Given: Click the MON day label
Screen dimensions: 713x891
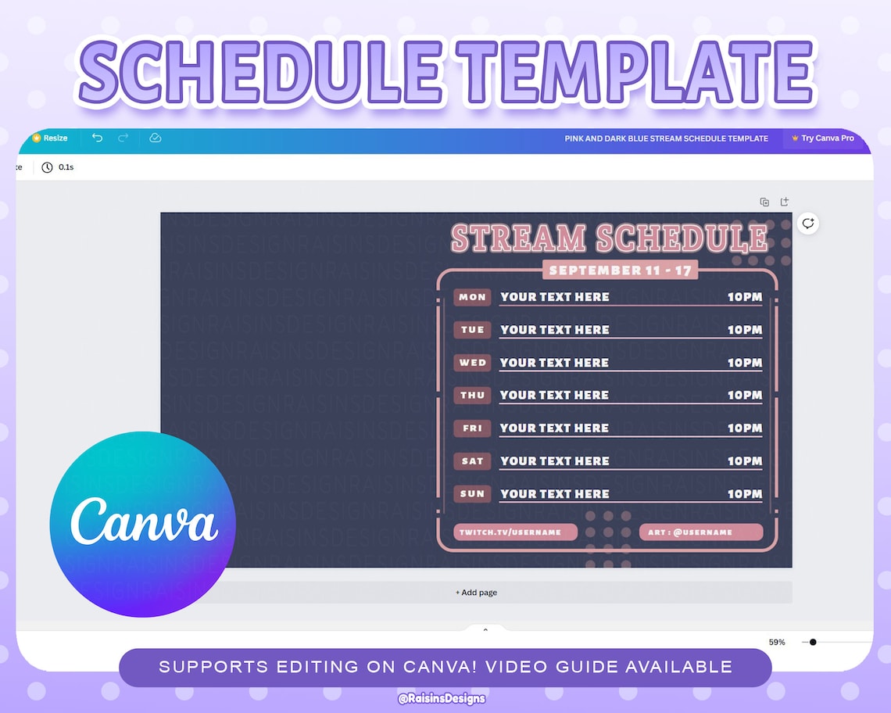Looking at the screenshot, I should [x=472, y=297].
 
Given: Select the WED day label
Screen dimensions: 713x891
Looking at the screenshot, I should [x=472, y=363].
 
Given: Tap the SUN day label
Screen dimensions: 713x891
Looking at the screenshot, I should [x=472, y=494].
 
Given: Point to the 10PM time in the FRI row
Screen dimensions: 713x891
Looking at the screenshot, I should [x=744, y=428].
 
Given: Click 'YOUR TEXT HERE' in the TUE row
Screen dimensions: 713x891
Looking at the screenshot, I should [x=554, y=330].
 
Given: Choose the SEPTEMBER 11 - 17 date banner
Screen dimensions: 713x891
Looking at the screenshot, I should [x=620, y=271].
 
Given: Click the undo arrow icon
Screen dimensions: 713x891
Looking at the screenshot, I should [x=97, y=138].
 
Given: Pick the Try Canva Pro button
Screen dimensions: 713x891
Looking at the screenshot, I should [x=822, y=138].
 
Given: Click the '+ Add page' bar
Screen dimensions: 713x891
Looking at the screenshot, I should [x=476, y=593].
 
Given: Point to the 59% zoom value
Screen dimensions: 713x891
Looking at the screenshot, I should [x=777, y=642].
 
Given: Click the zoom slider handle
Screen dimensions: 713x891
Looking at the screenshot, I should [x=813, y=642].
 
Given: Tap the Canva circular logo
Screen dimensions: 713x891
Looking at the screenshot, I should [x=142, y=524].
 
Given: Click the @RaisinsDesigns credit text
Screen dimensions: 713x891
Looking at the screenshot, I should [x=442, y=698].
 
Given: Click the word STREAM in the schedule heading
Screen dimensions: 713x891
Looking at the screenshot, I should [x=518, y=238].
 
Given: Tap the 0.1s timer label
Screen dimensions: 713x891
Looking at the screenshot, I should [x=66, y=167].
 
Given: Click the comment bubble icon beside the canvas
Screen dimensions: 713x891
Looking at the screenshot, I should [x=808, y=224].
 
